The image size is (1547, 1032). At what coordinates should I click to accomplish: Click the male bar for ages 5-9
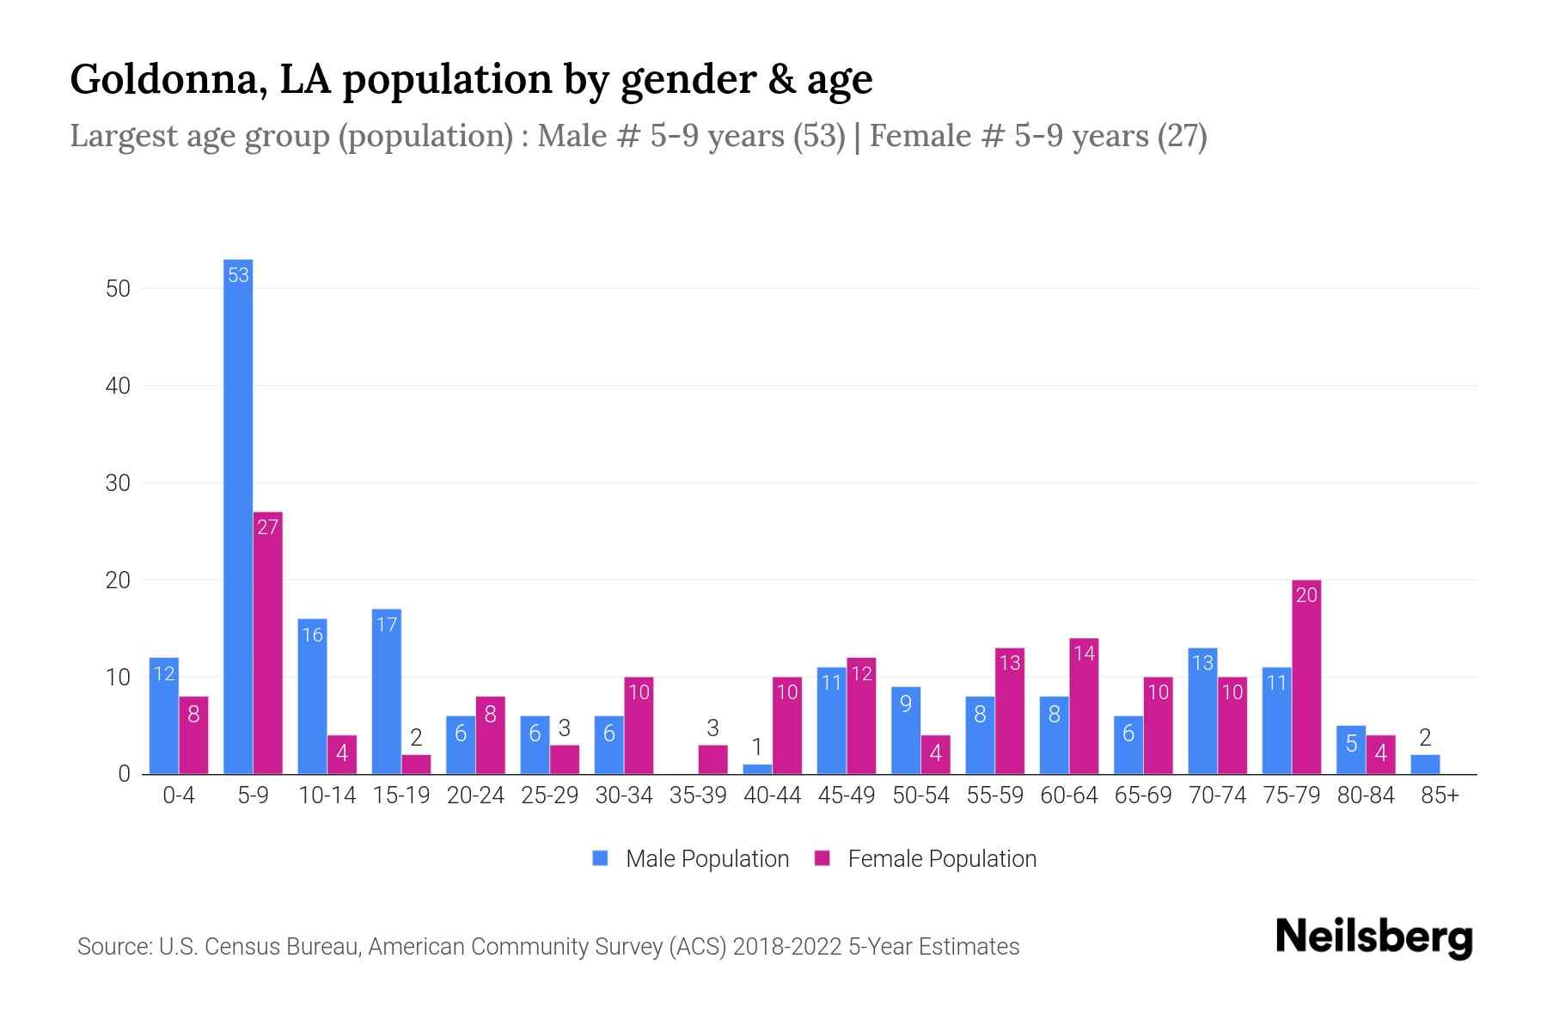tap(238, 516)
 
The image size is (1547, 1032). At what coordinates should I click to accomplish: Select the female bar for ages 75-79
tap(1306, 679)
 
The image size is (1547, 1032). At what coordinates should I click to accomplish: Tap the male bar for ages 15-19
tap(387, 692)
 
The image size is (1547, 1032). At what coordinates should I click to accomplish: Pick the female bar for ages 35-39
tap(712, 760)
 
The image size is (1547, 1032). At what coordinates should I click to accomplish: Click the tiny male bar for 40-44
tap(757, 770)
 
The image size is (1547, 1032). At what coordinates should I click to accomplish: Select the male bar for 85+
tap(1425, 765)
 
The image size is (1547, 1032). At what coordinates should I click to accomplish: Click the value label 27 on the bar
tap(268, 527)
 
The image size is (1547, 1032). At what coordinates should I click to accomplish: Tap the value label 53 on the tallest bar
tap(238, 275)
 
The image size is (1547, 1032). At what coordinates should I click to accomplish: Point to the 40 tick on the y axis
tap(118, 386)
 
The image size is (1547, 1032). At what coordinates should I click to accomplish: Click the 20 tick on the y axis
tap(118, 580)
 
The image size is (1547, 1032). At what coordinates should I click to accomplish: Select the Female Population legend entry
tap(926, 859)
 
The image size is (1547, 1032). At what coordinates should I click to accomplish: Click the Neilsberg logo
tap(1373, 937)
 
